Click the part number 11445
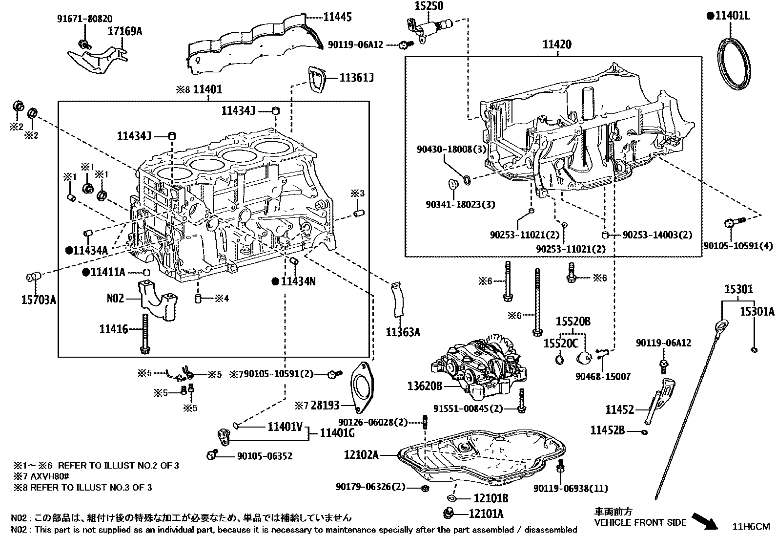click(338, 17)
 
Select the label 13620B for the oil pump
click(424, 386)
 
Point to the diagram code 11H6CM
click(751, 526)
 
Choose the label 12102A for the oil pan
click(361, 455)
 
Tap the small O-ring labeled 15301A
click(754, 349)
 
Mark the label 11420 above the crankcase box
click(557, 45)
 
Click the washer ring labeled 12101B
click(451, 498)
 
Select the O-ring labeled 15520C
click(559, 361)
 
